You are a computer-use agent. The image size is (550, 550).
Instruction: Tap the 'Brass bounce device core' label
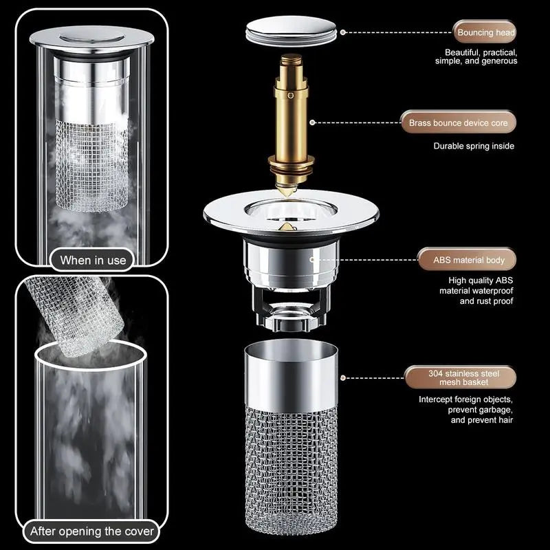[459, 123]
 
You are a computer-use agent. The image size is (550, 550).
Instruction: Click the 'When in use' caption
[93, 260]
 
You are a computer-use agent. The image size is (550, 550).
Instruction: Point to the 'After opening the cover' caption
[92, 531]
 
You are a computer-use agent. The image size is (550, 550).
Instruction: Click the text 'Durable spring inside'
[474, 146]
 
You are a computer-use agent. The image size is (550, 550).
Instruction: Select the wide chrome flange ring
[220, 210]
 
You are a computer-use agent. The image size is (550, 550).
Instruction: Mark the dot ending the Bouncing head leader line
[343, 32]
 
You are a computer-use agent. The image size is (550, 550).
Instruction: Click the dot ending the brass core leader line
[313, 123]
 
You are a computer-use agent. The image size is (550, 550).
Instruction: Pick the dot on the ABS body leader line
[313, 260]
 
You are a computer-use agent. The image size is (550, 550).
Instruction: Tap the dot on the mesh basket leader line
[343, 378]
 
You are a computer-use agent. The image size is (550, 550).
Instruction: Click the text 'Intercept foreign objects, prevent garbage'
[467, 410]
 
